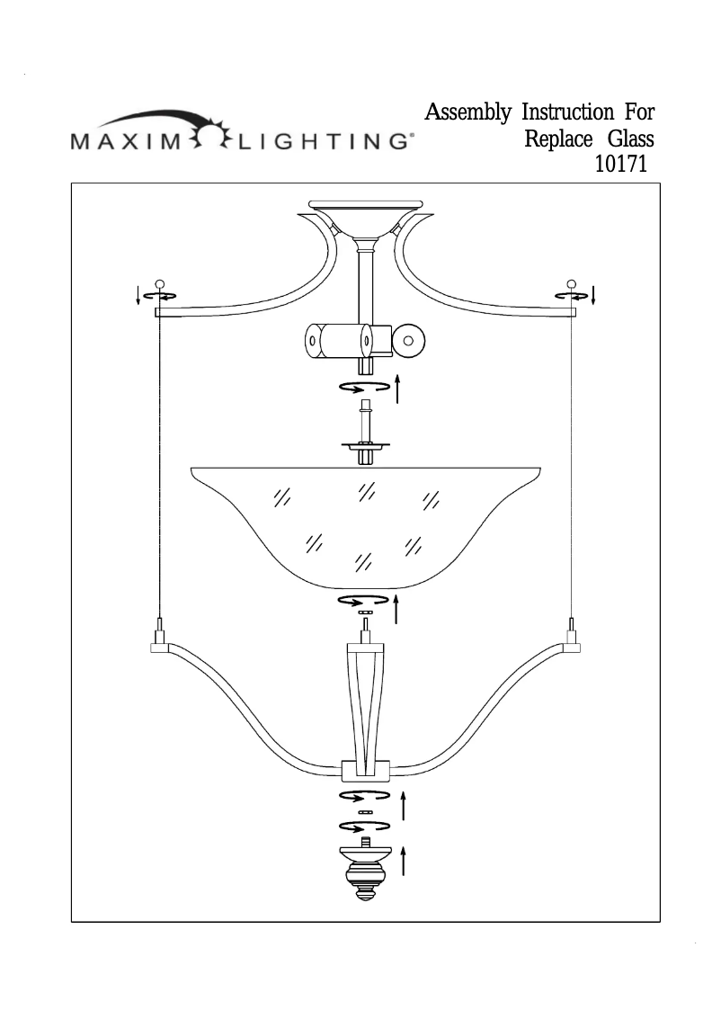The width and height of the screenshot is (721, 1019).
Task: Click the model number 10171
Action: pos(622,165)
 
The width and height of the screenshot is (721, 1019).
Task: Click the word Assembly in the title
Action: pos(467,113)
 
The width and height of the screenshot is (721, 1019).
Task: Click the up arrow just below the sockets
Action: pos(396,390)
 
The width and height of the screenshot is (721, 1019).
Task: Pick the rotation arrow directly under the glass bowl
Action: pos(363,600)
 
